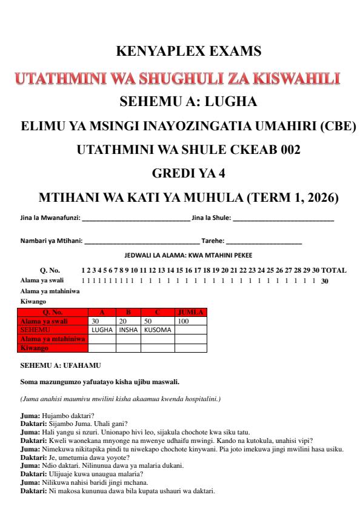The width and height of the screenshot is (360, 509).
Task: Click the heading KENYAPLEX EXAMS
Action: (179, 53)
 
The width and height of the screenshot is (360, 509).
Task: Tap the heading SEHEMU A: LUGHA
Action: (179, 102)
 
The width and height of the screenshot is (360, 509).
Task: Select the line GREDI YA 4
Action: (179, 174)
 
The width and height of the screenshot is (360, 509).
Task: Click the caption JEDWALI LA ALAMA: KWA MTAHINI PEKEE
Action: (179, 256)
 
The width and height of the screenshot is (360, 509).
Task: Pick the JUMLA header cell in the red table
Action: (191, 313)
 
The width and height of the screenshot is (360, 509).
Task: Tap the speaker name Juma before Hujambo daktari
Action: (29, 414)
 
